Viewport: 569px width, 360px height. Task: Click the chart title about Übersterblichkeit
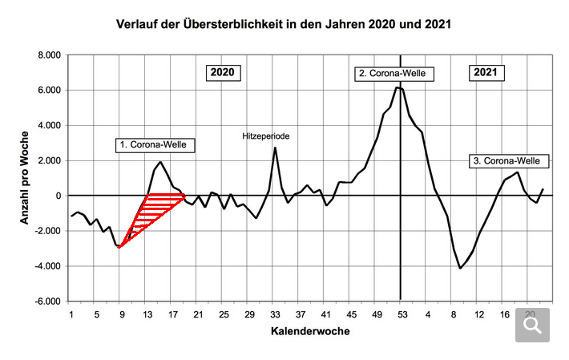point(284,23)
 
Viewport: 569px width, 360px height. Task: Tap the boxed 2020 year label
point(222,72)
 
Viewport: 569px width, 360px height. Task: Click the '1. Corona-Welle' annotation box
point(157,144)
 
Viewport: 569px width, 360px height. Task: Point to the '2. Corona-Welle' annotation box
point(396,74)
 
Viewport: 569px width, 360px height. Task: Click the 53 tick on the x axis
point(402,313)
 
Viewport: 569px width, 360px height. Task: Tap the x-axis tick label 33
point(275,313)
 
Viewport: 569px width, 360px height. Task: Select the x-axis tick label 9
point(123,313)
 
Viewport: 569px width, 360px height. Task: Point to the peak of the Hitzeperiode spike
point(275,148)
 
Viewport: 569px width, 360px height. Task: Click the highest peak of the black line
point(399,87)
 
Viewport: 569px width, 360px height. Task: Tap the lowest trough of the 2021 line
point(460,268)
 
